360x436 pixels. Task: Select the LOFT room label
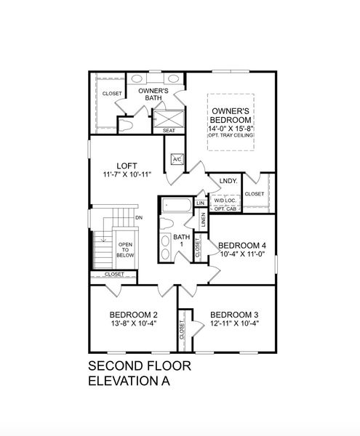click(x=116, y=166)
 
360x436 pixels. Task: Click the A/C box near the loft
click(x=177, y=159)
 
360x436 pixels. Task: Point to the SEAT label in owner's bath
click(x=169, y=131)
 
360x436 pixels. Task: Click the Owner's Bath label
click(x=153, y=95)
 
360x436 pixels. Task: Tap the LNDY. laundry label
click(x=218, y=181)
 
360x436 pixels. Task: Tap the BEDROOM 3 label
click(x=234, y=315)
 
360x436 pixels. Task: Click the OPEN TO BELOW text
click(x=125, y=251)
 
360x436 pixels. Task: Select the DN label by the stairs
click(x=138, y=218)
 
